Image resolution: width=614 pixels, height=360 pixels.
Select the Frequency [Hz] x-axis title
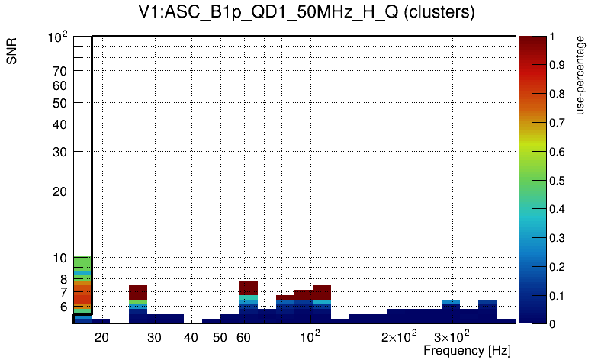tap(467, 350)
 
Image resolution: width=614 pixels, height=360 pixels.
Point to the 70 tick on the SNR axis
tap(60, 71)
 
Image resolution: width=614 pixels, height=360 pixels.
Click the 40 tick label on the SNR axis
tap(60, 124)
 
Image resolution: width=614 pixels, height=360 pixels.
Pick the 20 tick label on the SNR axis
tap(60, 191)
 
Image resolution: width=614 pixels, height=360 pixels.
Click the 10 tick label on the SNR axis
tap(60, 259)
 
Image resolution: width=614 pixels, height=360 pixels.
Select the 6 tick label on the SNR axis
tap(62, 307)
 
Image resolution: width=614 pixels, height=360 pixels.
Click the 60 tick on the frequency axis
tap(243, 337)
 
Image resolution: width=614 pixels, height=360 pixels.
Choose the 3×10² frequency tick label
tap(451, 337)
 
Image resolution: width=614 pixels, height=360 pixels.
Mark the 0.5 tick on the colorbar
tap(555, 180)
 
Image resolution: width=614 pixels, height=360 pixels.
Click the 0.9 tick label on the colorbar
tap(555, 65)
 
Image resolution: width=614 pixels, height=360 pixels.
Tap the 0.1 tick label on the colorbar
tap(555, 295)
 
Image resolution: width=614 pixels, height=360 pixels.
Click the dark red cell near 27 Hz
tap(138, 292)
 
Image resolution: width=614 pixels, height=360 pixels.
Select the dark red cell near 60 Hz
tap(248, 288)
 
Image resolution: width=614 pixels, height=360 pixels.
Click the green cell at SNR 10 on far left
tap(82, 262)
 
